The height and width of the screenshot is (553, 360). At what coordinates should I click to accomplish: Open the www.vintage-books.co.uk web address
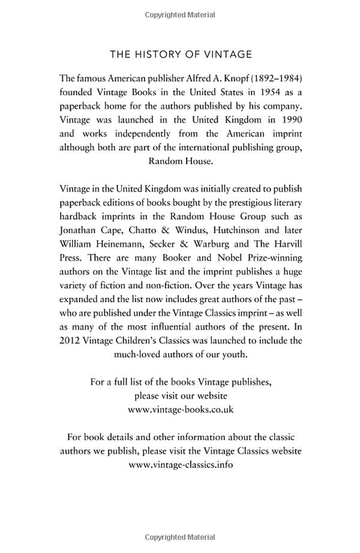pyautogui.click(x=181, y=409)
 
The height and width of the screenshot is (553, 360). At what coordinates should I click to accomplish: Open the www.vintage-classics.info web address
pyautogui.click(x=181, y=465)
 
